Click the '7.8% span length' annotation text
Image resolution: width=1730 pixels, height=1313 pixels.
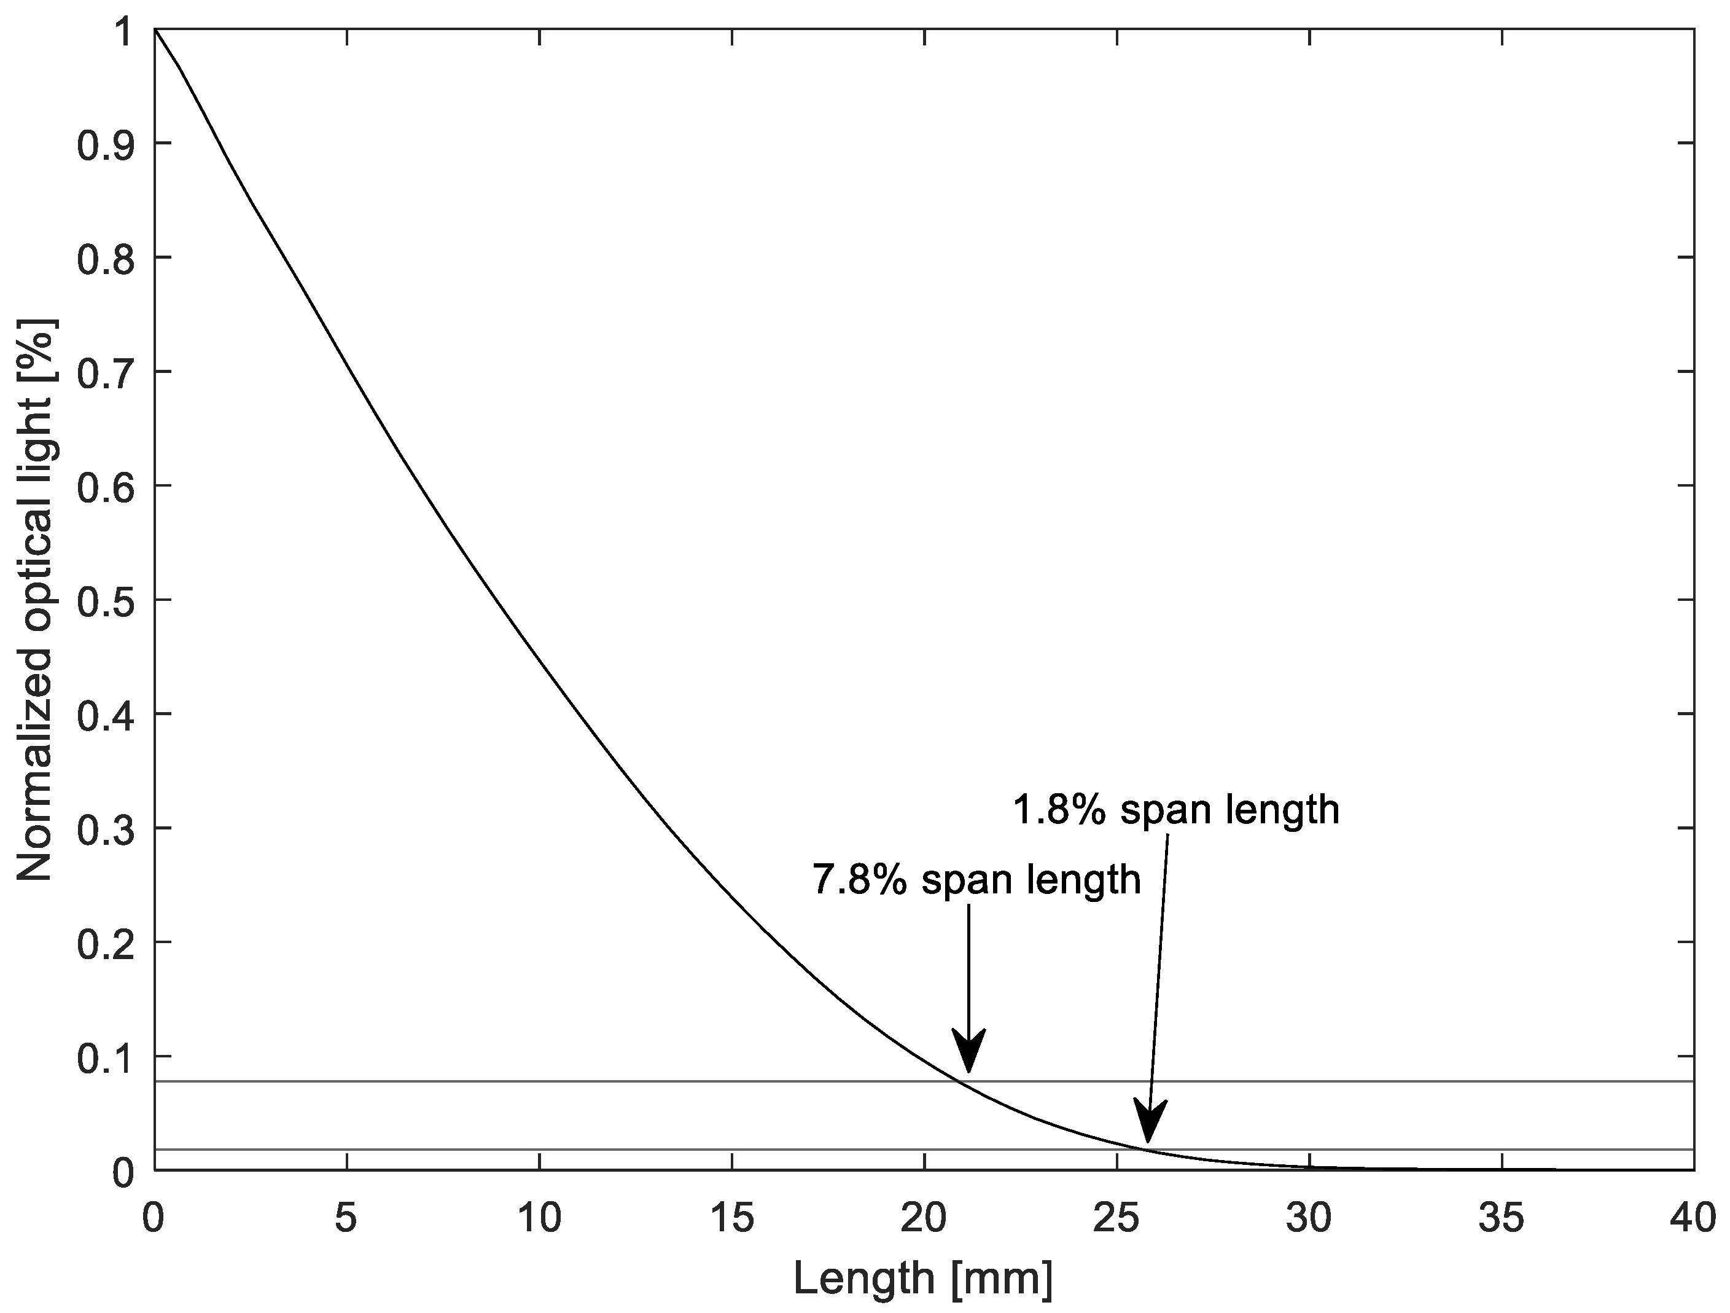[x=976, y=879]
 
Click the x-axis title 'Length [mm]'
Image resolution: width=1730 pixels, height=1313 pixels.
[x=923, y=1279]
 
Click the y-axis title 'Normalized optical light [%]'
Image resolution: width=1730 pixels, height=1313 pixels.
[x=34, y=600]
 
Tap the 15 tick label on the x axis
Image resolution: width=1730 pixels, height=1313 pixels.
[x=731, y=1220]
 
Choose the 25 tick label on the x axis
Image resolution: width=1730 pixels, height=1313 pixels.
[x=1117, y=1220]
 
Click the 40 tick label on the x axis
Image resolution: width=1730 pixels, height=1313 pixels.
[x=1693, y=1220]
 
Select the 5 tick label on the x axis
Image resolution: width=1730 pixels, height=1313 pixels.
[x=346, y=1220]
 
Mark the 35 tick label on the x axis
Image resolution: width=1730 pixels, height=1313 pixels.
[x=1502, y=1220]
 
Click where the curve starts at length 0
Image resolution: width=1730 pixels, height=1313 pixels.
[x=155, y=29]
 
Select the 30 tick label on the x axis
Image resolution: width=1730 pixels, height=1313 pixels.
[x=1309, y=1220]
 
